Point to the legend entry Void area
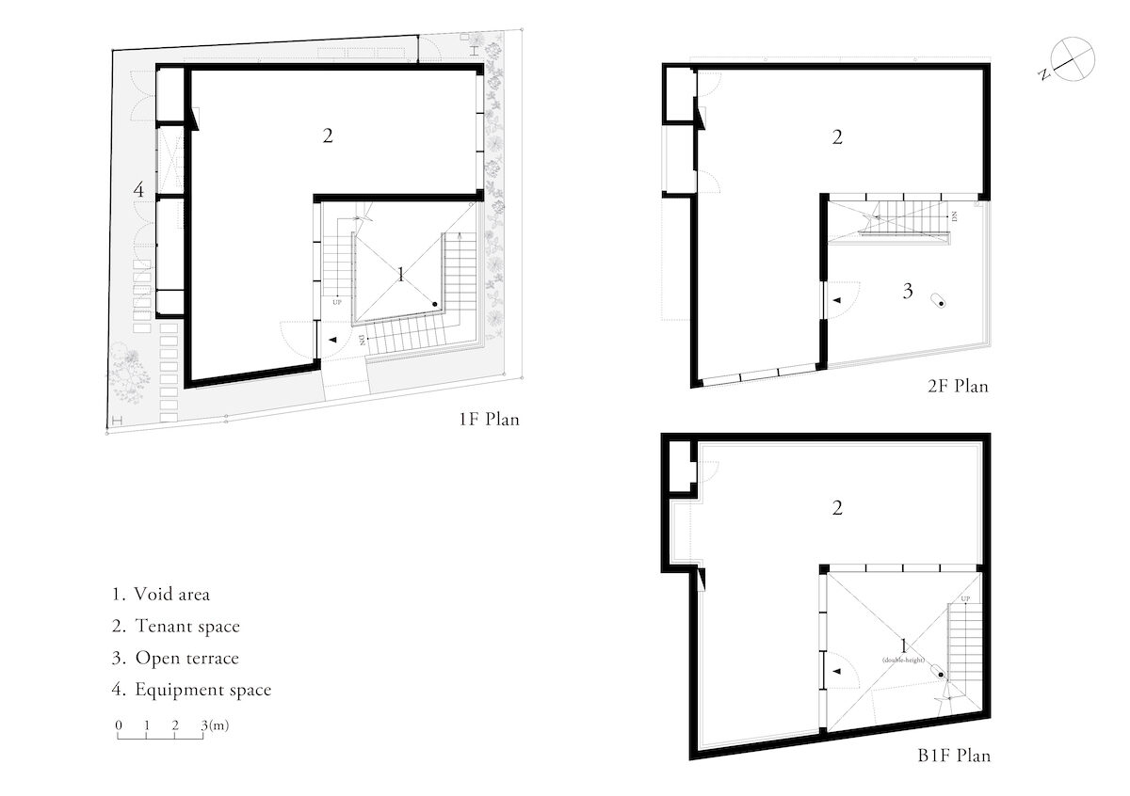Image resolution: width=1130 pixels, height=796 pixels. click(161, 595)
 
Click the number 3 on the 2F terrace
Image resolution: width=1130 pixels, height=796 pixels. click(908, 292)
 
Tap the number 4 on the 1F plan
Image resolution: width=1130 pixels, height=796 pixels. click(138, 190)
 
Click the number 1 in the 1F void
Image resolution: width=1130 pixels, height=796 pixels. click(401, 275)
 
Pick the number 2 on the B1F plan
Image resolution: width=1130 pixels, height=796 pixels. click(837, 509)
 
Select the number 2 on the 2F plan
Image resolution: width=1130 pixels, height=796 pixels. click(837, 138)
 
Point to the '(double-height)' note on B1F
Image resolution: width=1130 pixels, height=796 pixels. click(905, 661)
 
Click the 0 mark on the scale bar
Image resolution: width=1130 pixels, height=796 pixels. click(119, 725)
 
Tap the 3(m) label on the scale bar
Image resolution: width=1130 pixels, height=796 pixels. click(215, 725)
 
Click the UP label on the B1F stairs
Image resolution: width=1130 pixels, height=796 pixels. click(965, 599)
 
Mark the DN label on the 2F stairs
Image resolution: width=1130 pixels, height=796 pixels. click(954, 215)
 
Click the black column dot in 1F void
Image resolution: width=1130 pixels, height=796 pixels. click(435, 304)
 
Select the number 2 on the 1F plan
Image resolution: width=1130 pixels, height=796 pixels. click(328, 135)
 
